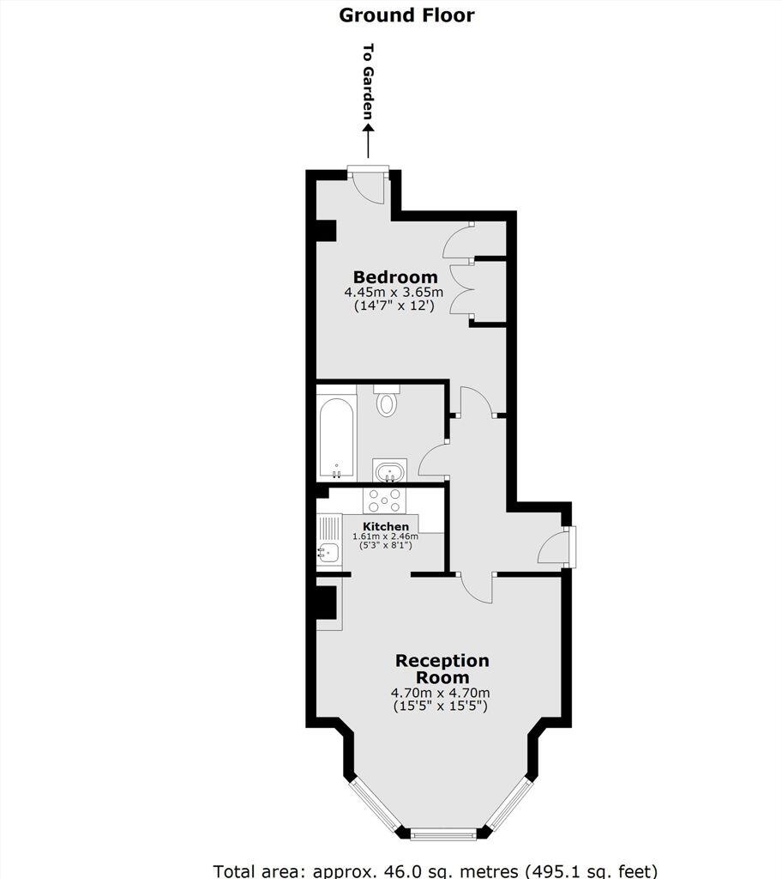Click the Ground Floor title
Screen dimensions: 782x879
(406, 15)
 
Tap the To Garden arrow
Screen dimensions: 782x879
(368, 141)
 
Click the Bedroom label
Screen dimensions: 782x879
(395, 277)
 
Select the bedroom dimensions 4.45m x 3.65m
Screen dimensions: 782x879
(394, 292)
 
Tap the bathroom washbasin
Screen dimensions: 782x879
(390, 470)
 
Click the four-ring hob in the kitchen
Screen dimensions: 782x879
(384, 500)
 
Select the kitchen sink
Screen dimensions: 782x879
(328, 553)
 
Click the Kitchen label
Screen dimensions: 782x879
(386, 526)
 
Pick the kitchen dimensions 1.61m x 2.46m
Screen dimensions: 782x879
(385, 536)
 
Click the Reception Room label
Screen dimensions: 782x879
(442, 669)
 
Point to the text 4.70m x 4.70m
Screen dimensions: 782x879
(441, 693)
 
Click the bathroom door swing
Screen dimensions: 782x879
(434, 460)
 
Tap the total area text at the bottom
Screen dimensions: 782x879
(436, 870)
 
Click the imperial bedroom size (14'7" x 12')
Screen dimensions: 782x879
(394, 306)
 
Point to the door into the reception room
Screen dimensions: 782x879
(477, 588)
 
